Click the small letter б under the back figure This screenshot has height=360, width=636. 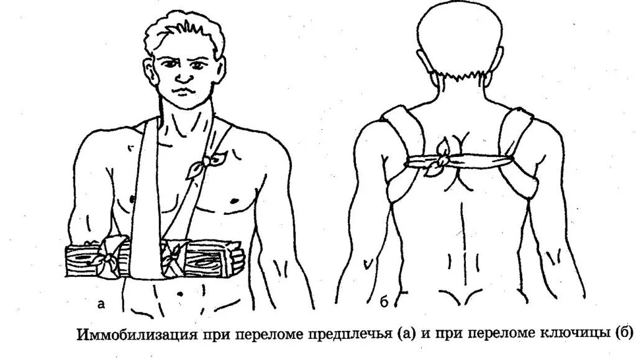click(384, 304)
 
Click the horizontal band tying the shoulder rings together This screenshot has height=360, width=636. click(478, 163)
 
